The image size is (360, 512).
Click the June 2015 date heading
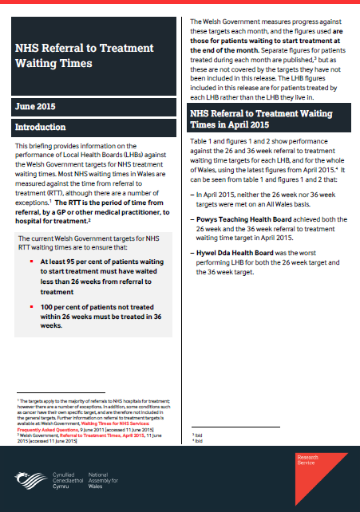37,105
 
